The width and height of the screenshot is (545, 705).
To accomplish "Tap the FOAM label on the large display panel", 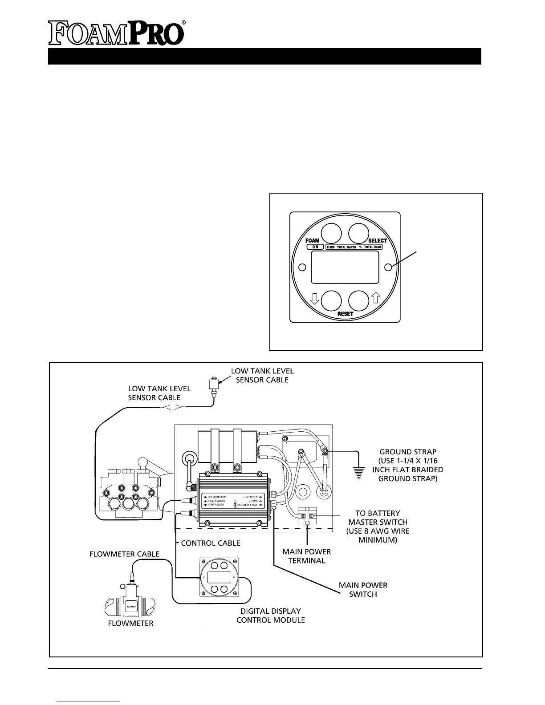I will [312, 241].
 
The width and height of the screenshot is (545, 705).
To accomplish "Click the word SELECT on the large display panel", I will [378, 241].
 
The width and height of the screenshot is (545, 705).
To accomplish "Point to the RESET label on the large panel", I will [345, 314].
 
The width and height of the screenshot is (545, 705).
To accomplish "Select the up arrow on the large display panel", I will [375, 299].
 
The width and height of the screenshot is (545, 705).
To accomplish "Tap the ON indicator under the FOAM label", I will [314, 247].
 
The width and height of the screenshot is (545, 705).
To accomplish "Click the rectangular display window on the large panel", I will [345, 267].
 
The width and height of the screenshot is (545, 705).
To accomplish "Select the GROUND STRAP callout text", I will [407, 465].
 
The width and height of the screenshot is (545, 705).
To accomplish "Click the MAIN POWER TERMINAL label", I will [307, 556].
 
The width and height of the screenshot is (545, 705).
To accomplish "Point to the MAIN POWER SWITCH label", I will [363, 589].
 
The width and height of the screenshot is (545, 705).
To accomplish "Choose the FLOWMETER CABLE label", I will [125, 554].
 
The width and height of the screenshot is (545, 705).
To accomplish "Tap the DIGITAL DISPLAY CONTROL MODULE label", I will [270, 615].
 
